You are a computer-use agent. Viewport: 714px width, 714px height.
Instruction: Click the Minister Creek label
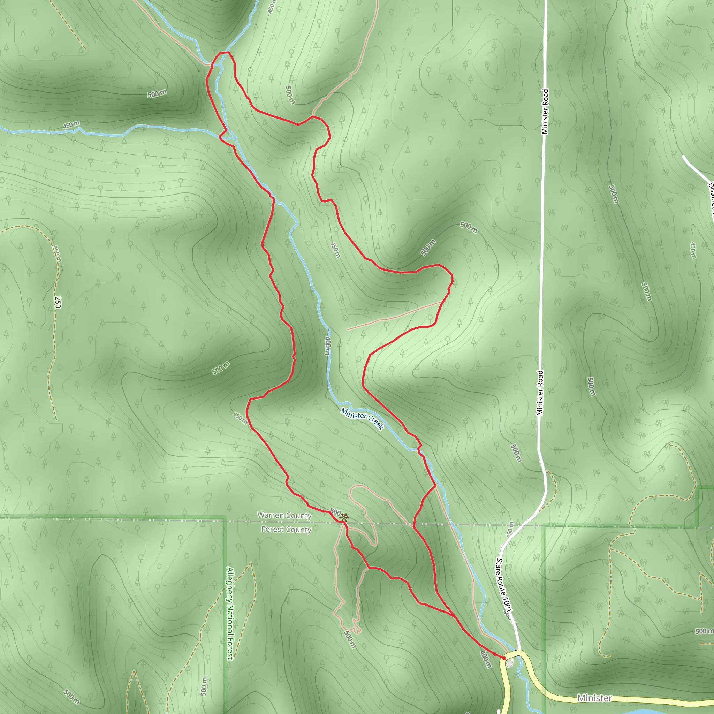[x=362, y=419]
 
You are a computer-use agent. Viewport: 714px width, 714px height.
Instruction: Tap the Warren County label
[x=284, y=515]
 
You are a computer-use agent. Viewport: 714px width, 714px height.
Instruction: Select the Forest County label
[x=287, y=529]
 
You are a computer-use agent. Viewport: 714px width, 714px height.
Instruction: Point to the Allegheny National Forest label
[x=230, y=613]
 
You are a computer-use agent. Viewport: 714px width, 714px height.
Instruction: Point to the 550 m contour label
[x=56, y=254]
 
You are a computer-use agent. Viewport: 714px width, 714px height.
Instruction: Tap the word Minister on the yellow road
[x=595, y=698]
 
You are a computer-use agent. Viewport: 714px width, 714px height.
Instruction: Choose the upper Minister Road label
[x=545, y=111]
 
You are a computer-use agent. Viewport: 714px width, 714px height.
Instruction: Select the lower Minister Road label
[x=540, y=393]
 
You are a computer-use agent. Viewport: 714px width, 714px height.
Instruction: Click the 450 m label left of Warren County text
[x=240, y=418]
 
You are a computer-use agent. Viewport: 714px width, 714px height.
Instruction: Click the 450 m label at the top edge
[x=272, y=7]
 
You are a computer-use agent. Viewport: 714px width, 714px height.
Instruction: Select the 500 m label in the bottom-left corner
[x=71, y=697]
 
